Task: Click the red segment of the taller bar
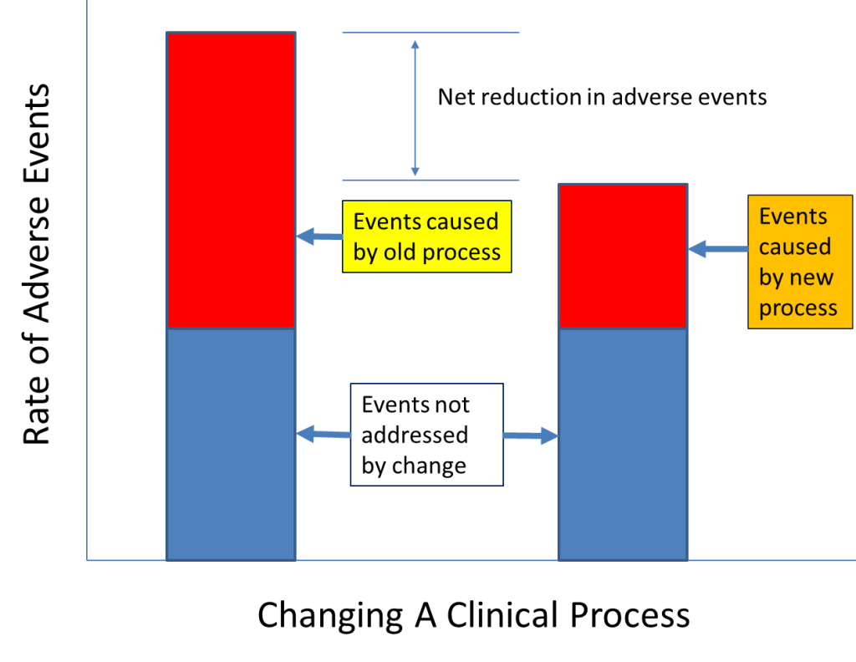point(231,180)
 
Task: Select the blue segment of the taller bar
point(231,443)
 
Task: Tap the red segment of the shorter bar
point(622,256)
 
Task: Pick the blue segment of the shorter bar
point(622,443)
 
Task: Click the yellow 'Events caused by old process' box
point(426,237)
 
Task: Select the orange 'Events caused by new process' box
point(799,262)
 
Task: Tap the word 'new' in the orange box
point(810,278)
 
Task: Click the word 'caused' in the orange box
point(794,247)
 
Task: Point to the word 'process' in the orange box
point(797,308)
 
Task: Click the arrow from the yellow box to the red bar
point(318,237)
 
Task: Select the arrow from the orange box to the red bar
point(717,248)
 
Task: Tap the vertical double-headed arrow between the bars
point(415,106)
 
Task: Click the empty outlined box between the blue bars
point(426,435)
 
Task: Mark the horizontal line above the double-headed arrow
point(431,33)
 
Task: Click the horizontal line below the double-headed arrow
point(431,180)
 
